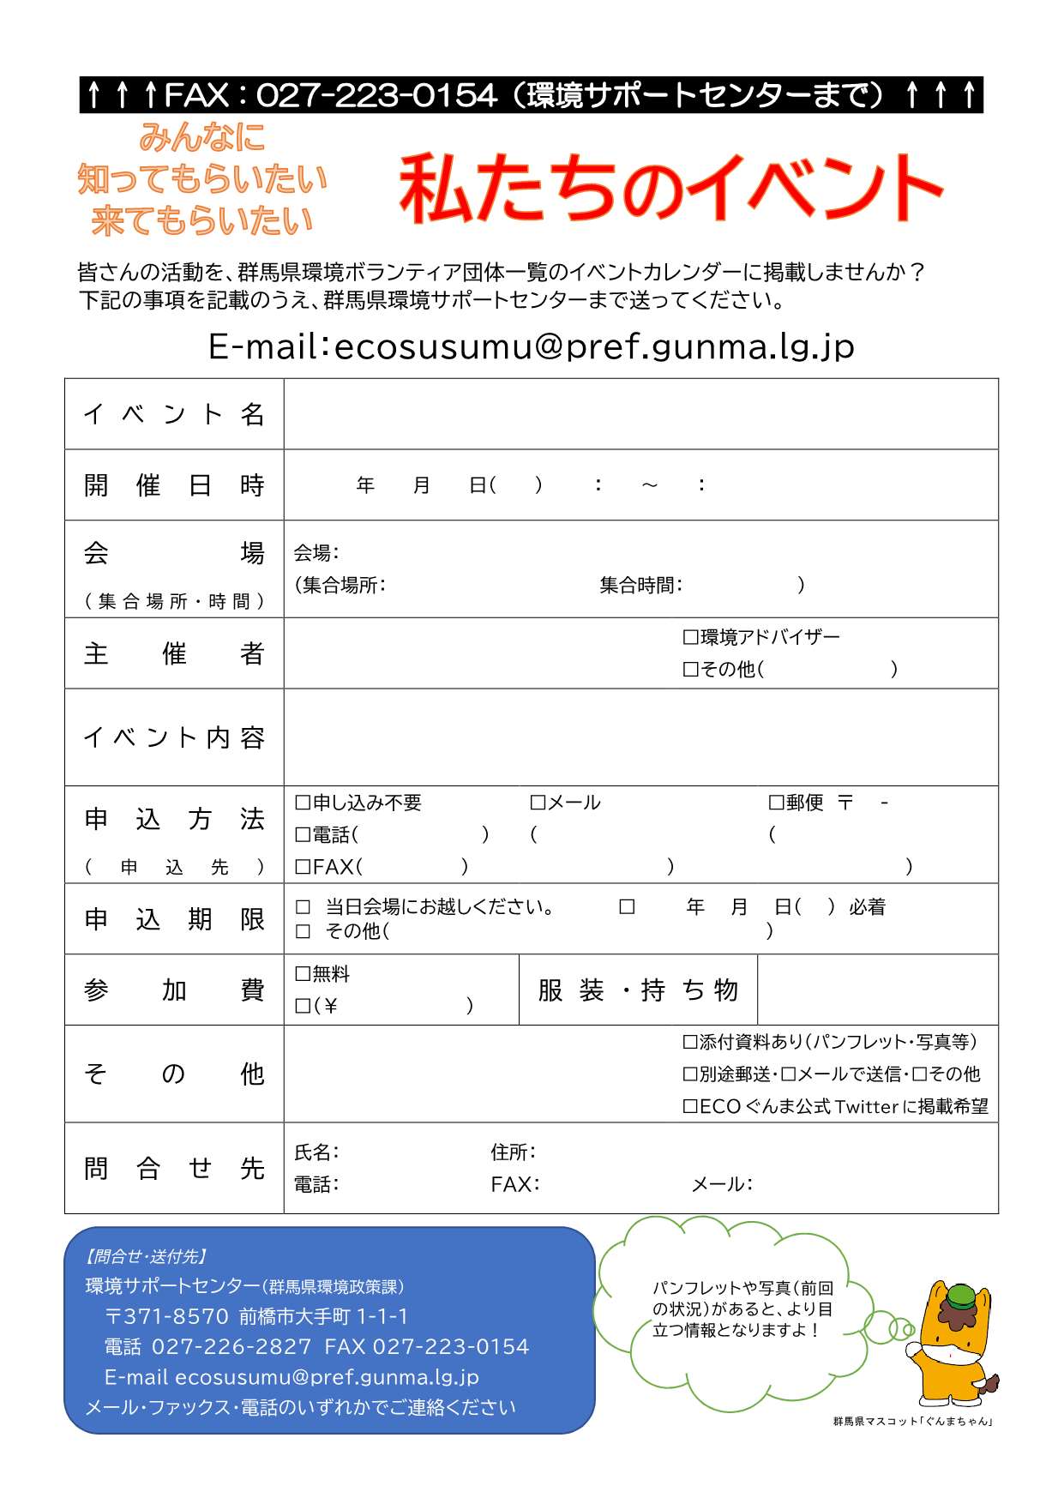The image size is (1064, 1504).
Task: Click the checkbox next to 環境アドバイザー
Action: click(x=690, y=637)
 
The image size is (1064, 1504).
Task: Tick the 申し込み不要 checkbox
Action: click(x=302, y=803)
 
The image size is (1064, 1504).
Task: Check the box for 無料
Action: click(x=302, y=973)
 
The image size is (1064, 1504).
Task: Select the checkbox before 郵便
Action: click(x=776, y=803)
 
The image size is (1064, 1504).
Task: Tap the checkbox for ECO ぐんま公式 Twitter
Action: click(x=690, y=1106)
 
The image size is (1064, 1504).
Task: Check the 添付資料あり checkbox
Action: click(x=690, y=1042)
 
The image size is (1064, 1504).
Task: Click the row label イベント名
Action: click(x=174, y=414)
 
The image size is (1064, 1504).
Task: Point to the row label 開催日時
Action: click(x=174, y=485)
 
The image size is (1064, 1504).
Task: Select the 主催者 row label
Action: click(x=174, y=653)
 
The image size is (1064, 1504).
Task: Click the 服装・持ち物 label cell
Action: click(x=638, y=990)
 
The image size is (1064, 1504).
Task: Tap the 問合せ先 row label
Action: click(x=174, y=1168)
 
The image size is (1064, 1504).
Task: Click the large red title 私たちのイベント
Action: click(x=670, y=189)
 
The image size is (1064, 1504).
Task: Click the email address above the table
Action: click(x=593, y=346)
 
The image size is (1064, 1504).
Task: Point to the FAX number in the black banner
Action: click(x=376, y=95)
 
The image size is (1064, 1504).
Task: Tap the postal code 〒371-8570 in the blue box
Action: click(x=167, y=1316)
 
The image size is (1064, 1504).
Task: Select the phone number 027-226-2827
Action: click(x=231, y=1346)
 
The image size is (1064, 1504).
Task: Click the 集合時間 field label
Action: click(x=640, y=586)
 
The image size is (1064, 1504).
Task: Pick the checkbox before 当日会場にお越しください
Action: click(x=303, y=907)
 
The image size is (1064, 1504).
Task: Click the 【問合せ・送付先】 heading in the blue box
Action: click(x=146, y=1256)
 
